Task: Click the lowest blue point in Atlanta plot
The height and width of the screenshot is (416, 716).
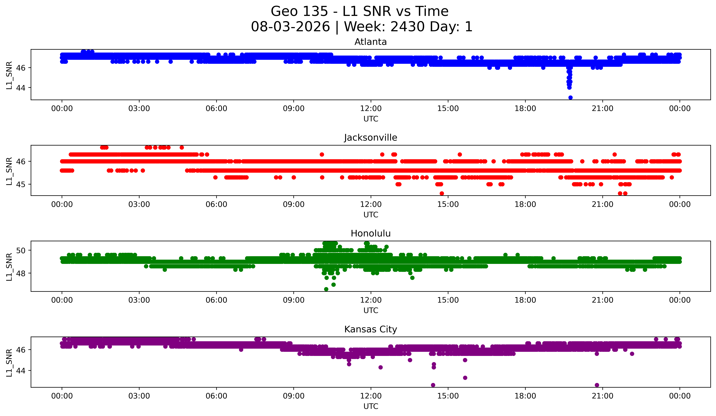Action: click(x=570, y=98)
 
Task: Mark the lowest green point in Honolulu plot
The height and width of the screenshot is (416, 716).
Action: click(x=326, y=289)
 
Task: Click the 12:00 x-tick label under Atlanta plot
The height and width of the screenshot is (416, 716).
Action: click(x=371, y=109)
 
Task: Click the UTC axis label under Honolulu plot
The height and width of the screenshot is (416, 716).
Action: click(x=371, y=311)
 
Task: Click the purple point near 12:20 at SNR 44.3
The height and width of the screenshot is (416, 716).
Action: click(x=380, y=367)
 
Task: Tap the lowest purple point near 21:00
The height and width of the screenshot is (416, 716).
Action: click(x=597, y=385)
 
